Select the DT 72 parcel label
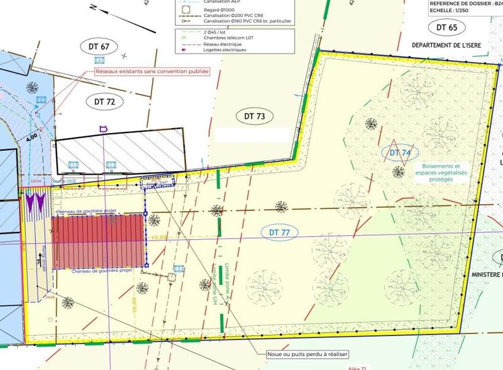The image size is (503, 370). (x=109, y=101)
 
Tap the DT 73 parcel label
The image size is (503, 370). (x=251, y=116)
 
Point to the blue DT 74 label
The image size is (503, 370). (x=400, y=152)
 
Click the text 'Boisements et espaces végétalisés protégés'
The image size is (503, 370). (x=434, y=172)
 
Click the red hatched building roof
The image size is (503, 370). (x=99, y=242)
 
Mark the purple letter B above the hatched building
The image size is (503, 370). (x=104, y=128)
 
